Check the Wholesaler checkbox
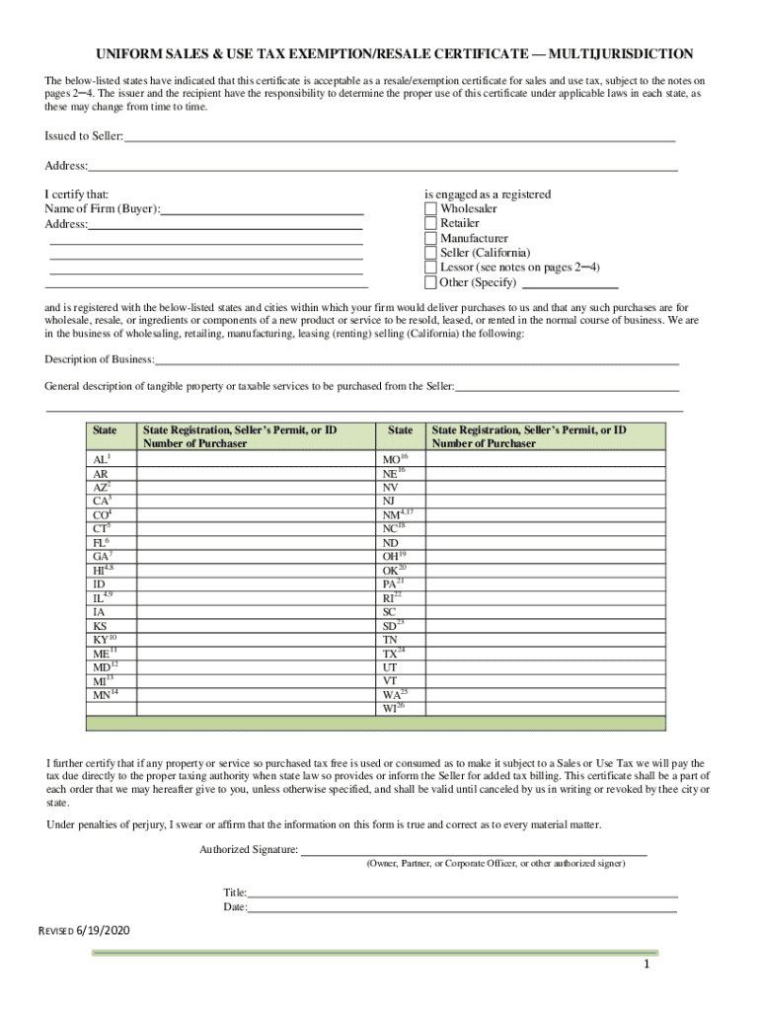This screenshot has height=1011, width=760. tap(430, 209)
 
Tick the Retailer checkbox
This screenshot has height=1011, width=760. tap(430, 224)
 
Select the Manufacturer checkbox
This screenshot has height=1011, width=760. tap(430, 239)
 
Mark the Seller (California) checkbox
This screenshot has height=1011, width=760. tap(430, 254)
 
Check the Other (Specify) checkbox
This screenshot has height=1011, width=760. tap(430, 282)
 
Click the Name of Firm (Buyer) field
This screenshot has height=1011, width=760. tap(262, 209)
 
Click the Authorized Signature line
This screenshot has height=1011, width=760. tap(474, 850)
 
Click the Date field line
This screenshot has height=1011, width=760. tap(461, 907)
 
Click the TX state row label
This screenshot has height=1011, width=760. tap(392, 655)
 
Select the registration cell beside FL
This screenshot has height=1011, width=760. tap(256, 543)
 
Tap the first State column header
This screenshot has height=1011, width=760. tap(104, 431)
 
